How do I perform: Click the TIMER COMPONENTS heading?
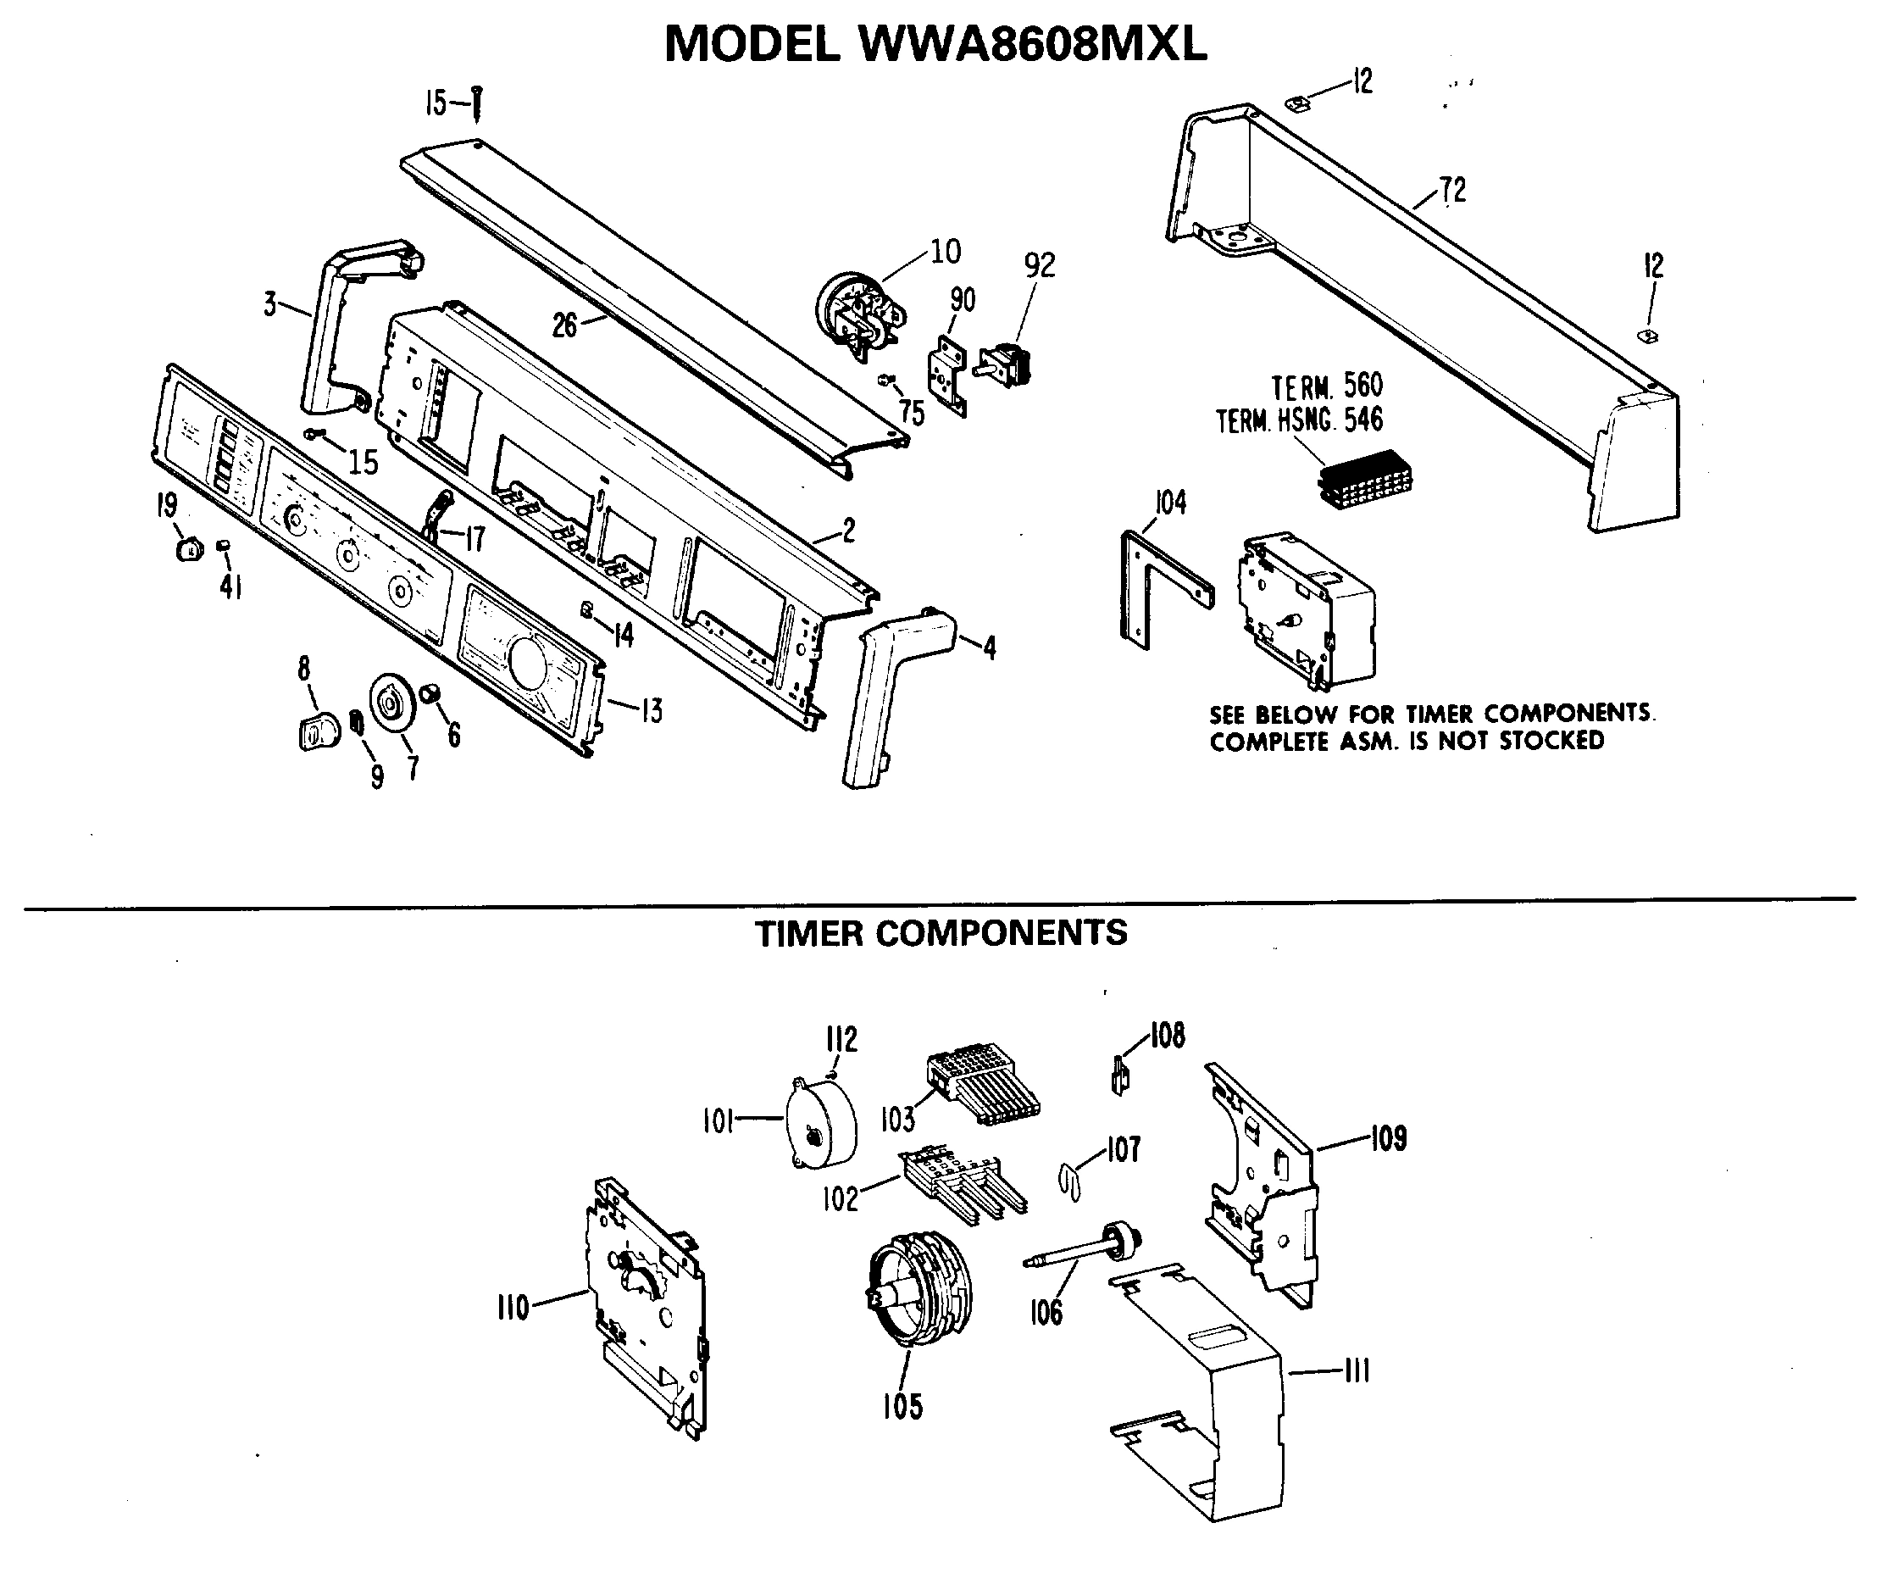(x=941, y=933)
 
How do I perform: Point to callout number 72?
(x=1452, y=191)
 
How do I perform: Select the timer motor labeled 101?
(x=821, y=1122)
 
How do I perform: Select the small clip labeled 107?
(x=1069, y=1181)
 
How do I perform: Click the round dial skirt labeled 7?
(x=391, y=701)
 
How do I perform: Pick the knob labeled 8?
(x=317, y=731)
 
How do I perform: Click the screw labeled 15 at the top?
(x=477, y=104)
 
